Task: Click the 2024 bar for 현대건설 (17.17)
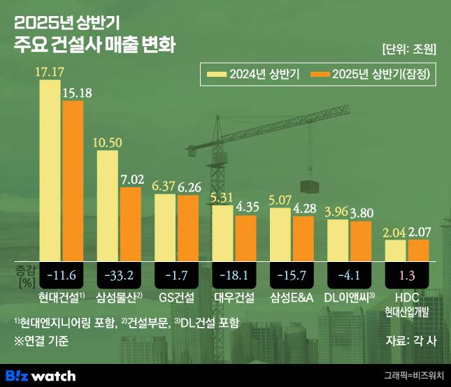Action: click(50, 170)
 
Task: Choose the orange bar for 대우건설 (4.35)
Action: click(245, 238)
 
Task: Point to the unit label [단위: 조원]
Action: click(409, 50)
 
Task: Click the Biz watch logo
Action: click(40, 375)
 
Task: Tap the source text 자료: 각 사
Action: click(410, 342)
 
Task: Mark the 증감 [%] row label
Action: click(24, 274)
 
